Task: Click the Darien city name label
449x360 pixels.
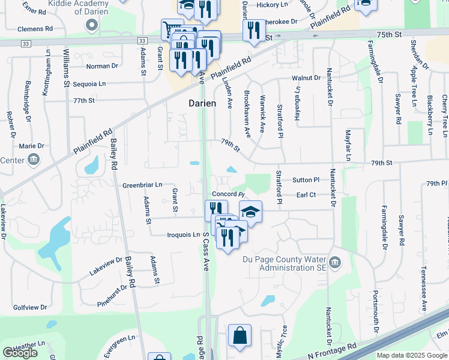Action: coord(202,103)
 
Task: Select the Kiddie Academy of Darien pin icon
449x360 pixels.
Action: coord(91,25)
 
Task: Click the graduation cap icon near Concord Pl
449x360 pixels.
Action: coord(251,211)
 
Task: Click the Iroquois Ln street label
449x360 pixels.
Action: coord(184,235)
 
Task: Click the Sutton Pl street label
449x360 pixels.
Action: coord(306,180)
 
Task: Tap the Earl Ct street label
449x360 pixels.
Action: coord(306,195)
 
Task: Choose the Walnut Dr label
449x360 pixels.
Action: coord(307,78)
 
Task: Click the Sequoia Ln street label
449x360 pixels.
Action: coord(89,84)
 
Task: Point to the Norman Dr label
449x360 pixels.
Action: coord(102,66)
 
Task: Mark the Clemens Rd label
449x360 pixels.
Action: coord(35,28)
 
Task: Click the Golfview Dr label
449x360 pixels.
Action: coord(30,307)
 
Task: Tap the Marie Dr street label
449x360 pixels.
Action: coord(32,146)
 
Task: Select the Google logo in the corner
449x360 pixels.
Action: coord(20,353)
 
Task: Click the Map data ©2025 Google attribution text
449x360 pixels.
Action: coord(411,355)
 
